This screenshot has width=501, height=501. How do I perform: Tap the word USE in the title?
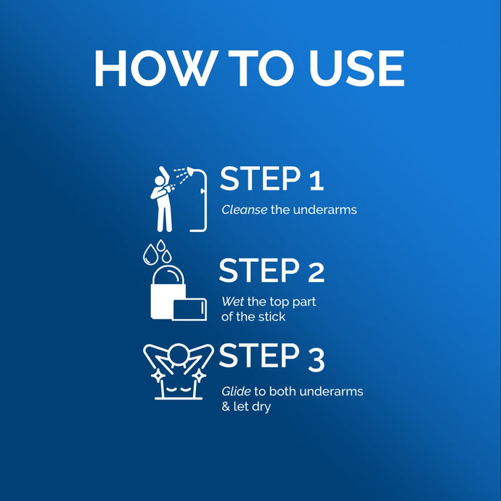pos(356,68)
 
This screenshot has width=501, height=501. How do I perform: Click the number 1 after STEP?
pos(316,180)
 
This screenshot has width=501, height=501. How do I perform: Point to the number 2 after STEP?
pos(316,272)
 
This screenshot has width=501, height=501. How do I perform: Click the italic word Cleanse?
pos(244,210)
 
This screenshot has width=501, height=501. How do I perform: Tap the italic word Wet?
pos(233,301)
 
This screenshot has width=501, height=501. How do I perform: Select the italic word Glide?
pos(236,391)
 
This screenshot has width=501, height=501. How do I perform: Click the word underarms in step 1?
pos(325,210)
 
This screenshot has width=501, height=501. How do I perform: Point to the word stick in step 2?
pos(271,317)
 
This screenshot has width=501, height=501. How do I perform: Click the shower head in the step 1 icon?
pos(191,171)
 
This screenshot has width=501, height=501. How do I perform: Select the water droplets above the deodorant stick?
pos(157,252)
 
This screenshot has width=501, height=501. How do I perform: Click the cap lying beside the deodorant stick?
pos(190,309)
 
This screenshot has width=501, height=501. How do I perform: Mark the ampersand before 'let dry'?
pos(226,407)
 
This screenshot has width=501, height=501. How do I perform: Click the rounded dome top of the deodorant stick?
pos(168,274)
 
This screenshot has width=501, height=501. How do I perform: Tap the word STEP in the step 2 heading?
pos(260,271)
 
